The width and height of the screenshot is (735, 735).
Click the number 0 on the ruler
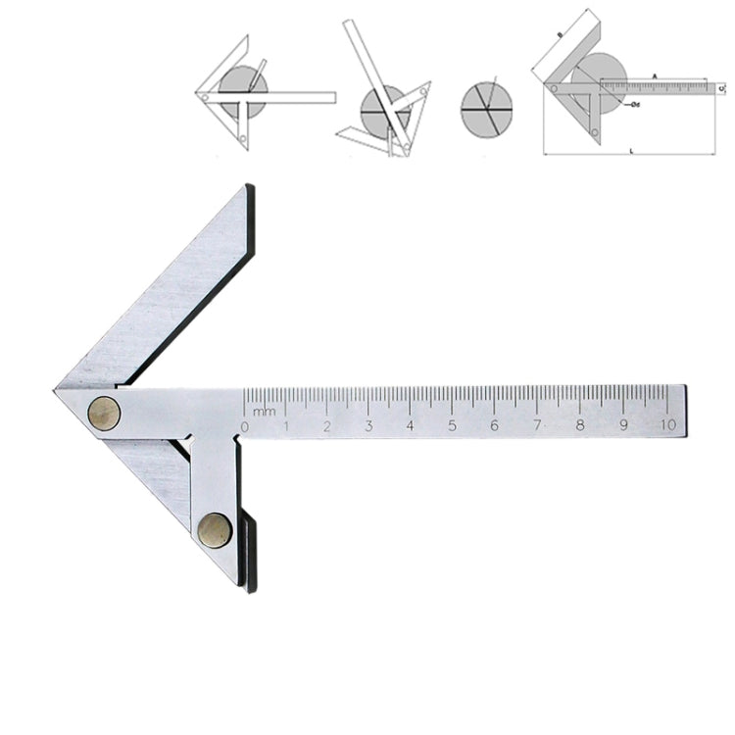pyautogui.click(x=245, y=426)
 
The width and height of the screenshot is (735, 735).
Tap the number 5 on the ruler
pyautogui.click(x=453, y=426)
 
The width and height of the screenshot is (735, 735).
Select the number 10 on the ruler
pyautogui.click(x=668, y=425)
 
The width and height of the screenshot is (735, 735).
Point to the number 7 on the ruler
pyautogui.click(x=537, y=426)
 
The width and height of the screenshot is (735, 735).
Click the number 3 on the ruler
pyautogui.click(x=369, y=426)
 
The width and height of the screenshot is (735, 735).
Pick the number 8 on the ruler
pyautogui.click(x=580, y=426)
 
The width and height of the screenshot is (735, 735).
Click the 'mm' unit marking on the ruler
pyautogui.click(x=264, y=412)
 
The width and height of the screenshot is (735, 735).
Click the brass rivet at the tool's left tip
pyautogui.click(x=104, y=413)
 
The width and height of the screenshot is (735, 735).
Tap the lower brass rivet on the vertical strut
pyautogui.click(x=215, y=530)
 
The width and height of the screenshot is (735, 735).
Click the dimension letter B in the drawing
pyautogui.click(x=559, y=34)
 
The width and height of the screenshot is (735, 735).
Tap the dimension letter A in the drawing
pyautogui.click(x=654, y=75)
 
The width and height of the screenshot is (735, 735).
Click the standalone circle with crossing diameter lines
pyautogui.click(x=485, y=108)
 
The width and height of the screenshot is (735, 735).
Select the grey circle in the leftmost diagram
pyautogui.click(x=243, y=91)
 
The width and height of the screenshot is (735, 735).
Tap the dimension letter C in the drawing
pyautogui.click(x=720, y=88)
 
